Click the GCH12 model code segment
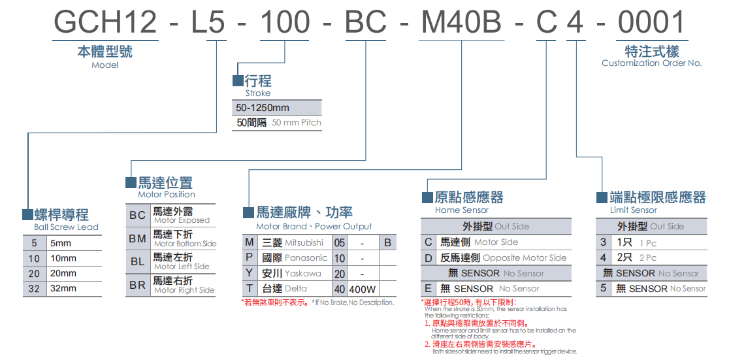(105, 24)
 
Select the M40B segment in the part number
(461, 24)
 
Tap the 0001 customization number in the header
(651, 24)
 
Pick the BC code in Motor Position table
(138, 216)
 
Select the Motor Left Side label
(182, 267)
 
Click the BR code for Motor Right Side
(138, 286)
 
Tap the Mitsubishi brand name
(304, 242)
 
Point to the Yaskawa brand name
(302, 273)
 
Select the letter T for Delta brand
(249, 289)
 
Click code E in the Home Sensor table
(429, 289)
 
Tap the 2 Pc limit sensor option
(648, 258)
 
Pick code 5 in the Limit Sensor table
(604, 288)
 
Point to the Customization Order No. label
(651, 63)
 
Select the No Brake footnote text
(353, 303)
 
